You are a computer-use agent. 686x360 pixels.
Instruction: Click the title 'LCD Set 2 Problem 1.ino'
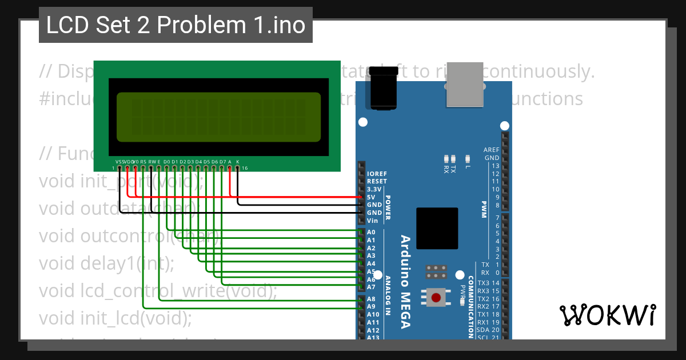(176, 25)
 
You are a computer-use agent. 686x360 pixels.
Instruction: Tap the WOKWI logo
(607, 315)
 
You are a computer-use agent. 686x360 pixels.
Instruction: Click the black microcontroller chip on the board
(437, 229)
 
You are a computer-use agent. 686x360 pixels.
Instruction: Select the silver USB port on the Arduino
(465, 84)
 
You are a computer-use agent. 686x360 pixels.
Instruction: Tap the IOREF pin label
(376, 173)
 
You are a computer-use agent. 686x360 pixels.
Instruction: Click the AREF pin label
(492, 150)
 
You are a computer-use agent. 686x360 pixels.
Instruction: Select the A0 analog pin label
(371, 233)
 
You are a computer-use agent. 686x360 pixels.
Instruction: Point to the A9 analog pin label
(371, 307)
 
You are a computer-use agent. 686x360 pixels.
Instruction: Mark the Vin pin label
(372, 221)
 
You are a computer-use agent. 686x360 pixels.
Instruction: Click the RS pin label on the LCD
(143, 162)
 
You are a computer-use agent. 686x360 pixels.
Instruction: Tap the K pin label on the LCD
(238, 162)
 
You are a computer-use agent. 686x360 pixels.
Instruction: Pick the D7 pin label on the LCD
(222, 162)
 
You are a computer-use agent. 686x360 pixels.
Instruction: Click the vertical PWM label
(484, 205)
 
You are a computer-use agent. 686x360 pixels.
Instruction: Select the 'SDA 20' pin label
(488, 330)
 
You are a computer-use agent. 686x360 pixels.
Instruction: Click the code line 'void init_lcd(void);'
(115, 318)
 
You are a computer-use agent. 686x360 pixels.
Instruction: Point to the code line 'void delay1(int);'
(106, 263)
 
